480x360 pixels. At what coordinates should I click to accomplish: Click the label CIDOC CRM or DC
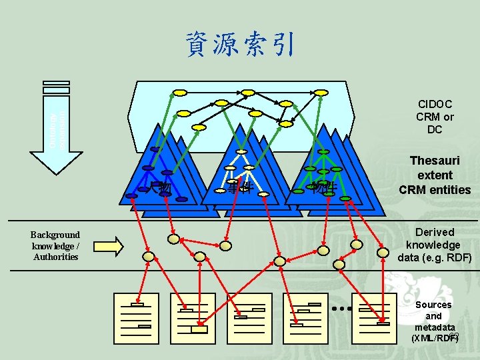point(435,117)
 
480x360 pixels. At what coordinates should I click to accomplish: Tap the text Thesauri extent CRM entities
point(435,175)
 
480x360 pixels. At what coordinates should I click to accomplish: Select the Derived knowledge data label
point(435,245)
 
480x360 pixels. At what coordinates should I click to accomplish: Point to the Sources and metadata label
point(434,321)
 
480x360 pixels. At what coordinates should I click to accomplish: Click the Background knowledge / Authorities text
point(55,245)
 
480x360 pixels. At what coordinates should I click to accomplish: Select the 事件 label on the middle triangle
point(238,187)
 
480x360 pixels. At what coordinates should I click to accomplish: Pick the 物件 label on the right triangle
point(323,187)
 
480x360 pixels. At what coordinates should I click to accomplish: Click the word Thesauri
point(435,161)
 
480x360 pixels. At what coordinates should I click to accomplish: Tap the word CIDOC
point(435,104)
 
